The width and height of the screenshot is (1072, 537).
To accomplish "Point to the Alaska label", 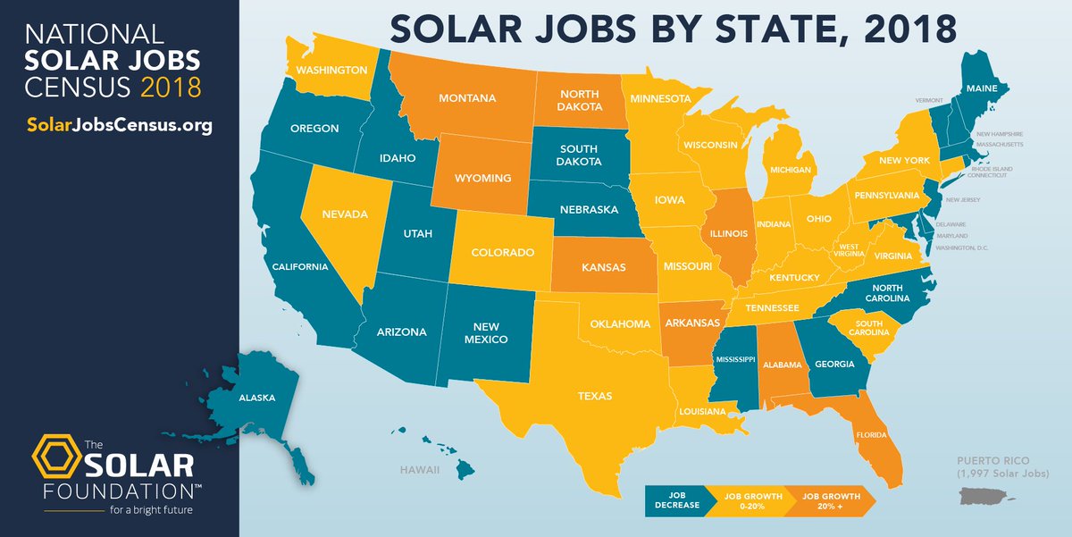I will pos(256,398).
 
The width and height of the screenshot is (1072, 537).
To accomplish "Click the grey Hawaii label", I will pos(421,468).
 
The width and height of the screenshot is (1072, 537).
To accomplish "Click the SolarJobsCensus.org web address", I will pos(118,126).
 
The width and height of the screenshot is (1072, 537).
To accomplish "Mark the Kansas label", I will pos(601,267).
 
